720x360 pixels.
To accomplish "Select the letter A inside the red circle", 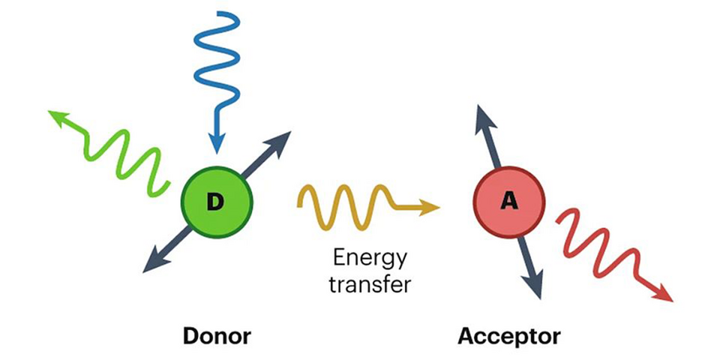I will pos(509,202).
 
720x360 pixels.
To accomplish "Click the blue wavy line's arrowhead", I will pos(216,142).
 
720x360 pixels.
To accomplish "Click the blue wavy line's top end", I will pos(217,13).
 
